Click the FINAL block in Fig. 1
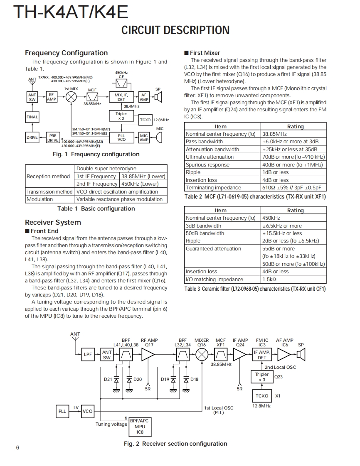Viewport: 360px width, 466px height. (32, 117)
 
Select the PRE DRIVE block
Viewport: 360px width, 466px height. (53, 137)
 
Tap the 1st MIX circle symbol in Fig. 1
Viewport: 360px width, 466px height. (72, 97)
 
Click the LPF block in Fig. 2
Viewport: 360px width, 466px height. (88, 354)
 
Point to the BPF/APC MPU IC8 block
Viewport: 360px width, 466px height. (140, 426)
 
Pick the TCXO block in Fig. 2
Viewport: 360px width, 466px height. (262, 396)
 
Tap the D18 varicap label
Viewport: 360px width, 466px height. (194, 379)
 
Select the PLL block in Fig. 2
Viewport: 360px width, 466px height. (62, 411)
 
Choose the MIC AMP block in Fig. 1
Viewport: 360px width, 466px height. (144, 137)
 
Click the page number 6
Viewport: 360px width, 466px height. (17, 447)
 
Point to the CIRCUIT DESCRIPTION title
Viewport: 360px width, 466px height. (175, 30)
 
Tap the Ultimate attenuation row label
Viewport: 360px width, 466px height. (210, 157)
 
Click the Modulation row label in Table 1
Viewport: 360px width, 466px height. (40, 199)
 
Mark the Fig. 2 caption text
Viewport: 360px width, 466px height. (175, 444)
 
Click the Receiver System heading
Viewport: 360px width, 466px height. (53, 222)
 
